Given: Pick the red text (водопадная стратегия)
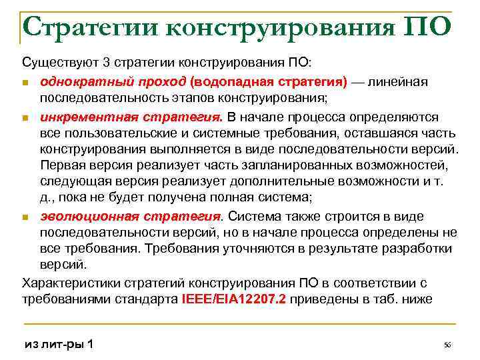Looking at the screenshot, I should coord(268,81).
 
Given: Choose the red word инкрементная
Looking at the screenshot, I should coord(80,117).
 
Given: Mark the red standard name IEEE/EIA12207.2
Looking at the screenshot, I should coord(233,299).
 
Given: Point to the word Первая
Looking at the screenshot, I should coord(61,165).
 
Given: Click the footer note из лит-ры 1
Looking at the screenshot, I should coord(59,344).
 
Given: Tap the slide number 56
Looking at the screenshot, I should coord(447,345).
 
